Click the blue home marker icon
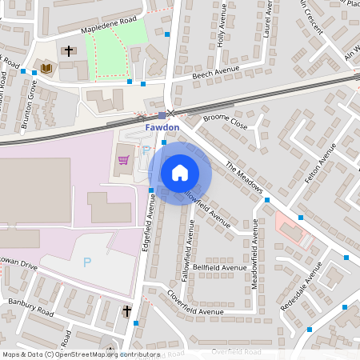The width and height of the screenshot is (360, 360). coord(180,173)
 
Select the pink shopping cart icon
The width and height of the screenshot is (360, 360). coord(123,160)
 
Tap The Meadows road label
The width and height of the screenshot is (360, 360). coord(244,178)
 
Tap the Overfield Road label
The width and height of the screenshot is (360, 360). coord(236,352)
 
